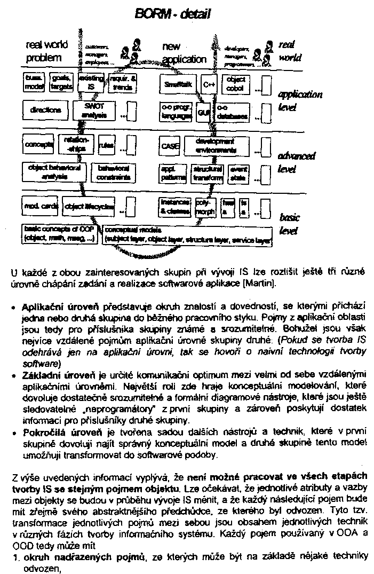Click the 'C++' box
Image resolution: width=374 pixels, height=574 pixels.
208,84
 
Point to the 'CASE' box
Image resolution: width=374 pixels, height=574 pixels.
170,145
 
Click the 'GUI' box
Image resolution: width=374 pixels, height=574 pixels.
204,113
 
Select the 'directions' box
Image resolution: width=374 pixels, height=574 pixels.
45,111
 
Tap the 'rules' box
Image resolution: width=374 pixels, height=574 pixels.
106,145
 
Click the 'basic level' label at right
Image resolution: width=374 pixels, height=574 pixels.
289,224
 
